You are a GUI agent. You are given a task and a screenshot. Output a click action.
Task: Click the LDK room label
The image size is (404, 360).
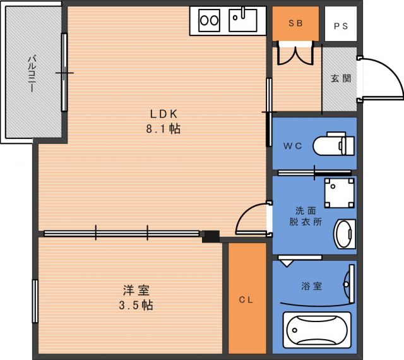pos(164,114)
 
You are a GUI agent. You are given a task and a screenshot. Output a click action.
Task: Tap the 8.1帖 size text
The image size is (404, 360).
pos(163,128)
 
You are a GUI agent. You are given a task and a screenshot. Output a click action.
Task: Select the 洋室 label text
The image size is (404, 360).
pos(136,291)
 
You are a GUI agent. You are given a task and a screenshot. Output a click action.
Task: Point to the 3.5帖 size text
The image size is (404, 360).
pos(136,305)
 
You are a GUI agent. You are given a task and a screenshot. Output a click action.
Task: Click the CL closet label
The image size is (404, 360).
pos(246,299)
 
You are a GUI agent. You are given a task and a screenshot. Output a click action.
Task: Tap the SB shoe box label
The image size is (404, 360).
pos(295,23)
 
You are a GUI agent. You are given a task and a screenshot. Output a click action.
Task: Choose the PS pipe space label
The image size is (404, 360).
pos(341,26)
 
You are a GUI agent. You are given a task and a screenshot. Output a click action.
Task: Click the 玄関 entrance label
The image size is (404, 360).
pos(341,78)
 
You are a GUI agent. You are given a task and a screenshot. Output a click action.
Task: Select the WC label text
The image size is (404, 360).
pos(292,146)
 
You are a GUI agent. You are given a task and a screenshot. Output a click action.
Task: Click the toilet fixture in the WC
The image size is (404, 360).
pos(334,145)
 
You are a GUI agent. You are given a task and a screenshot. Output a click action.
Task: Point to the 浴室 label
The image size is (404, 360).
pos(312,286)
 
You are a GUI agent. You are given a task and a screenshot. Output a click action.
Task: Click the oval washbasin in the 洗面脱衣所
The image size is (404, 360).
pos(345,234)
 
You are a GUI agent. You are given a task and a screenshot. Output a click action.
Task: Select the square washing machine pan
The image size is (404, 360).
pos(340,193)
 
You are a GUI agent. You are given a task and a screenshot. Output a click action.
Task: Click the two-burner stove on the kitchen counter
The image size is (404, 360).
pos(209,20)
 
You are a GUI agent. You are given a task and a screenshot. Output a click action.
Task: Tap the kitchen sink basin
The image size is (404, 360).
pos(243,20)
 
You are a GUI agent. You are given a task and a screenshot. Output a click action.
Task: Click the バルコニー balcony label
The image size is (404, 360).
pos(32,73)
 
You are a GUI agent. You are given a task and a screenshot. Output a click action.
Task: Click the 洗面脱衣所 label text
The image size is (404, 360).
pos(306,217)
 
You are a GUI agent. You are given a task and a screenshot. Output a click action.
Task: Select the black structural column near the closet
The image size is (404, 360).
pos(211,236)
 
